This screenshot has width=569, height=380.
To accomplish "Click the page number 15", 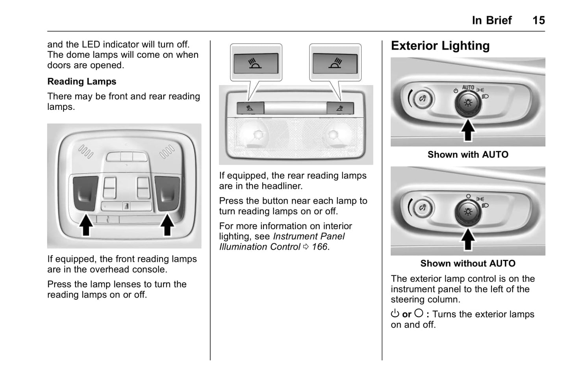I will [x=538, y=20].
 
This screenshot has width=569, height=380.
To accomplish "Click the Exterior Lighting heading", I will [x=440, y=46].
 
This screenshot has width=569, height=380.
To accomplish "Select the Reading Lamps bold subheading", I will [x=82, y=82].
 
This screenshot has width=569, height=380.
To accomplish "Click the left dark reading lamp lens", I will [x=85, y=192].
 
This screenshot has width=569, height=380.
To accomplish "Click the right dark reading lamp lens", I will [x=167, y=192].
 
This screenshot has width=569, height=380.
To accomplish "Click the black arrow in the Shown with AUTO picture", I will [x=468, y=130].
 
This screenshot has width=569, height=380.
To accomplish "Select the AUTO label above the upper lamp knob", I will [x=468, y=87].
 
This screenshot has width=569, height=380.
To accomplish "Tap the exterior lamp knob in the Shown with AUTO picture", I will [x=468, y=104].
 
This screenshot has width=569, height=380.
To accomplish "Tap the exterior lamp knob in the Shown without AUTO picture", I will [x=468, y=212].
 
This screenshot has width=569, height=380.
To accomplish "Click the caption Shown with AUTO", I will [x=468, y=155].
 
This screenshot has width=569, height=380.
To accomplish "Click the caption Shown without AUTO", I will [x=468, y=263].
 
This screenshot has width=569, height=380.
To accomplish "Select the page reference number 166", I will [x=319, y=247].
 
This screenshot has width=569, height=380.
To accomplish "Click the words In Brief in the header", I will [x=492, y=20].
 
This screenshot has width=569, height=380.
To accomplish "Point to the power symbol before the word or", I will [x=395, y=314].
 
